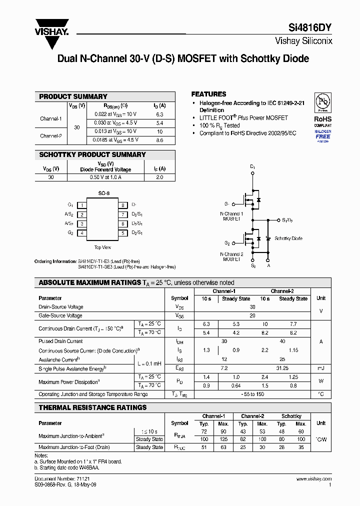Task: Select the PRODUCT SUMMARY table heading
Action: pos(73,96)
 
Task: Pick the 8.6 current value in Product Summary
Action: pos(159,140)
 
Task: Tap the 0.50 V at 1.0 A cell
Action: pos(105,177)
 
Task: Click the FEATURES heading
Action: pos(208,94)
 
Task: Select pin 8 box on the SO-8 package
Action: pos(122,205)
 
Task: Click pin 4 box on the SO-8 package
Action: pos(82,233)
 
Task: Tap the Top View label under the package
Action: pos(102,247)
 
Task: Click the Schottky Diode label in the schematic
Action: pos(288,238)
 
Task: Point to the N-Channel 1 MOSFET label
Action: pos(231,216)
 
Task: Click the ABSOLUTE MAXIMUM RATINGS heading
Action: pos(89,282)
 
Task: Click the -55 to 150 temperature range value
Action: pos(252,394)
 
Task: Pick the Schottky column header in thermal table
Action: pos(291,416)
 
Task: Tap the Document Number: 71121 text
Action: pos(55,479)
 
